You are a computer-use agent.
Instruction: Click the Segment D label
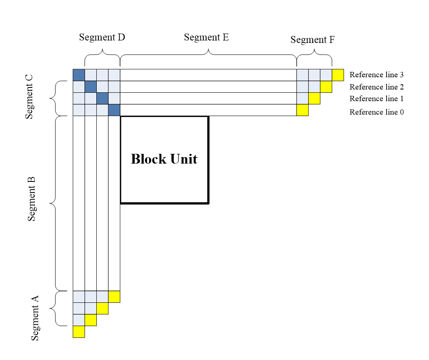click(x=102, y=37)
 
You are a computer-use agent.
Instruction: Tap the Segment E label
click(x=206, y=37)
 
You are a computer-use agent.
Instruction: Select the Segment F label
click(x=313, y=40)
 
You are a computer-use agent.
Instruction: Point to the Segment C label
click(x=29, y=96)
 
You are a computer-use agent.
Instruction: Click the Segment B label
click(x=32, y=199)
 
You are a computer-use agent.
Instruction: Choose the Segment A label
click(x=36, y=318)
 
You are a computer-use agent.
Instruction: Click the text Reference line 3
click(x=376, y=75)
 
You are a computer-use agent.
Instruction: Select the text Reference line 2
click(x=376, y=87)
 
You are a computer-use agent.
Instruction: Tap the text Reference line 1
click(x=376, y=99)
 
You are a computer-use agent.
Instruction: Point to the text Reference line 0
click(x=376, y=112)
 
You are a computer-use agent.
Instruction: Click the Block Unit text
click(x=164, y=159)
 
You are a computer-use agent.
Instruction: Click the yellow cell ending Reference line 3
click(x=338, y=75)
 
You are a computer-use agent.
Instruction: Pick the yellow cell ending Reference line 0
click(x=302, y=110)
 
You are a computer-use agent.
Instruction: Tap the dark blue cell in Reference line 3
click(x=79, y=75)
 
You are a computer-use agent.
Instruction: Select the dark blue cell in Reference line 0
click(x=114, y=110)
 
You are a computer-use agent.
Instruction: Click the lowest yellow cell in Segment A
click(x=79, y=331)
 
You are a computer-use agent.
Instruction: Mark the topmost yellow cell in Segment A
click(x=114, y=296)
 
